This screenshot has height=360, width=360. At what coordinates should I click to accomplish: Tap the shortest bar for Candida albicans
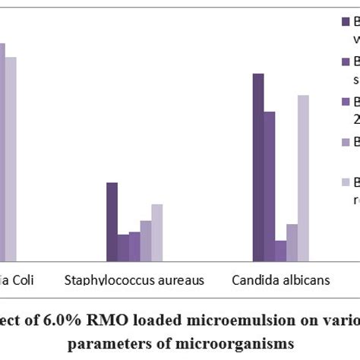[281, 251]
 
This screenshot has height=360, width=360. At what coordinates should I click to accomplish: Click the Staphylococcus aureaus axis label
[134, 280]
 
